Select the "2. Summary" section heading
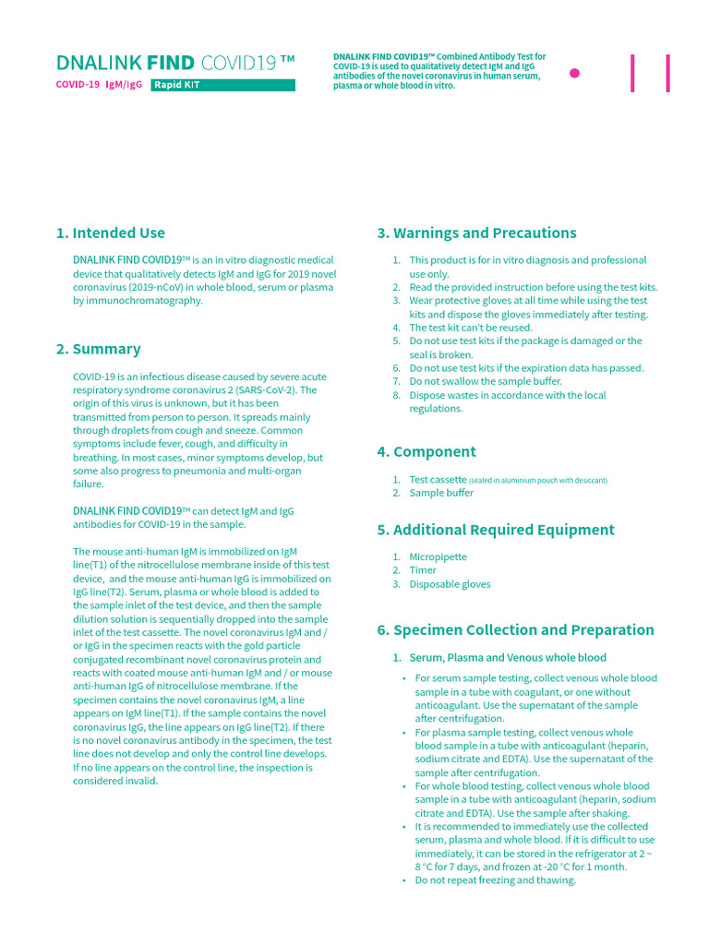coord(98,349)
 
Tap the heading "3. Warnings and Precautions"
coord(476,233)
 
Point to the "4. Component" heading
coord(426,451)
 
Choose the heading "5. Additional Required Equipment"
coord(495,530)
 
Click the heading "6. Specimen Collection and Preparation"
coord(515,629)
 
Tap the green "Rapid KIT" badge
coord(222,85)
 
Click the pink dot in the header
coord(575,73)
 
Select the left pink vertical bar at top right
coord(632,73)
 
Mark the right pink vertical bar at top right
coord(667,73)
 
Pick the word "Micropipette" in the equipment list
coord(438,556)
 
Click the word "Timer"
coord(423,570)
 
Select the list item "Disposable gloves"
coord(450,584)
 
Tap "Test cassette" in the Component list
coord(438,479)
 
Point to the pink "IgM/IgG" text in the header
coord(124,85)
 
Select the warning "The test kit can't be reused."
coord(471,328)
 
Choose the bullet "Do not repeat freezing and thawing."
coord(495,880)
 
